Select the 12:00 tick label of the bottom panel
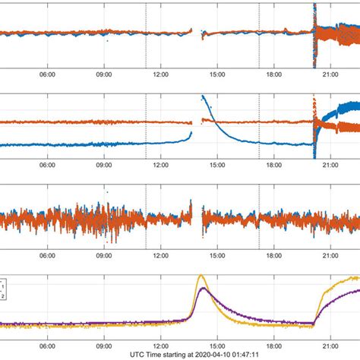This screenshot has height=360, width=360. pos(160,343)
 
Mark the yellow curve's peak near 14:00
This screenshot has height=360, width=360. pos(201,276)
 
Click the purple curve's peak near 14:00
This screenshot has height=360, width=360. pos(202,288)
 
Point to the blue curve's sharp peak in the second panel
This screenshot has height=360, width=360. pos(202,96)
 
